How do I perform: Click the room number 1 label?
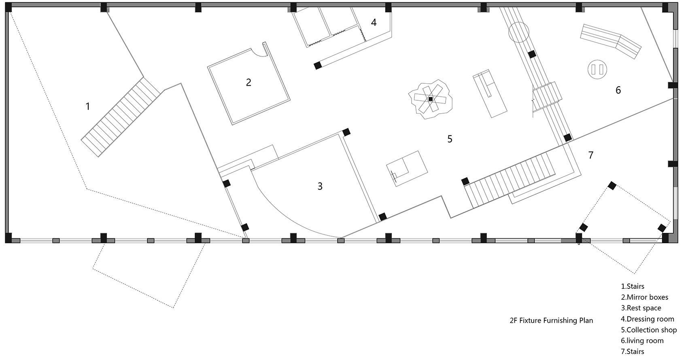(x=88, y=106)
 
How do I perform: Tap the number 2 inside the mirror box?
(x=248, y=82)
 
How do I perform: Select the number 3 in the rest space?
(x=320, y=186)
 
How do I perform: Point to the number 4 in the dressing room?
(x=374, y=22)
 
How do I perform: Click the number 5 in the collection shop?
(x=450, y=139)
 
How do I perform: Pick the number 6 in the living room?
(x=618, y=90)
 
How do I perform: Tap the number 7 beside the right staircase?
(x=590, y=155)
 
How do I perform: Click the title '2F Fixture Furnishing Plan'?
(x=551, y=320)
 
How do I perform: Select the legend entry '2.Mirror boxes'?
(x=644, y=297)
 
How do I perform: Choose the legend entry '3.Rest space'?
(x=641, y=308)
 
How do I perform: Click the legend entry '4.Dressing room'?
(x=648, y=319)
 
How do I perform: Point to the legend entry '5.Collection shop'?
(x=649, y=330)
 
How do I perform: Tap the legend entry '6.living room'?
(x=642, y=341)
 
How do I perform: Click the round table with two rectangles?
(x=597, y=69)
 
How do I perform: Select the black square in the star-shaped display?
(x=431, y=99)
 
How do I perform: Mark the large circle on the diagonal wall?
(x=519, y=32)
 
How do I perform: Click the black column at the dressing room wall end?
(x=318, y=66)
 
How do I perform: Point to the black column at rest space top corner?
(x=346, y=132)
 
